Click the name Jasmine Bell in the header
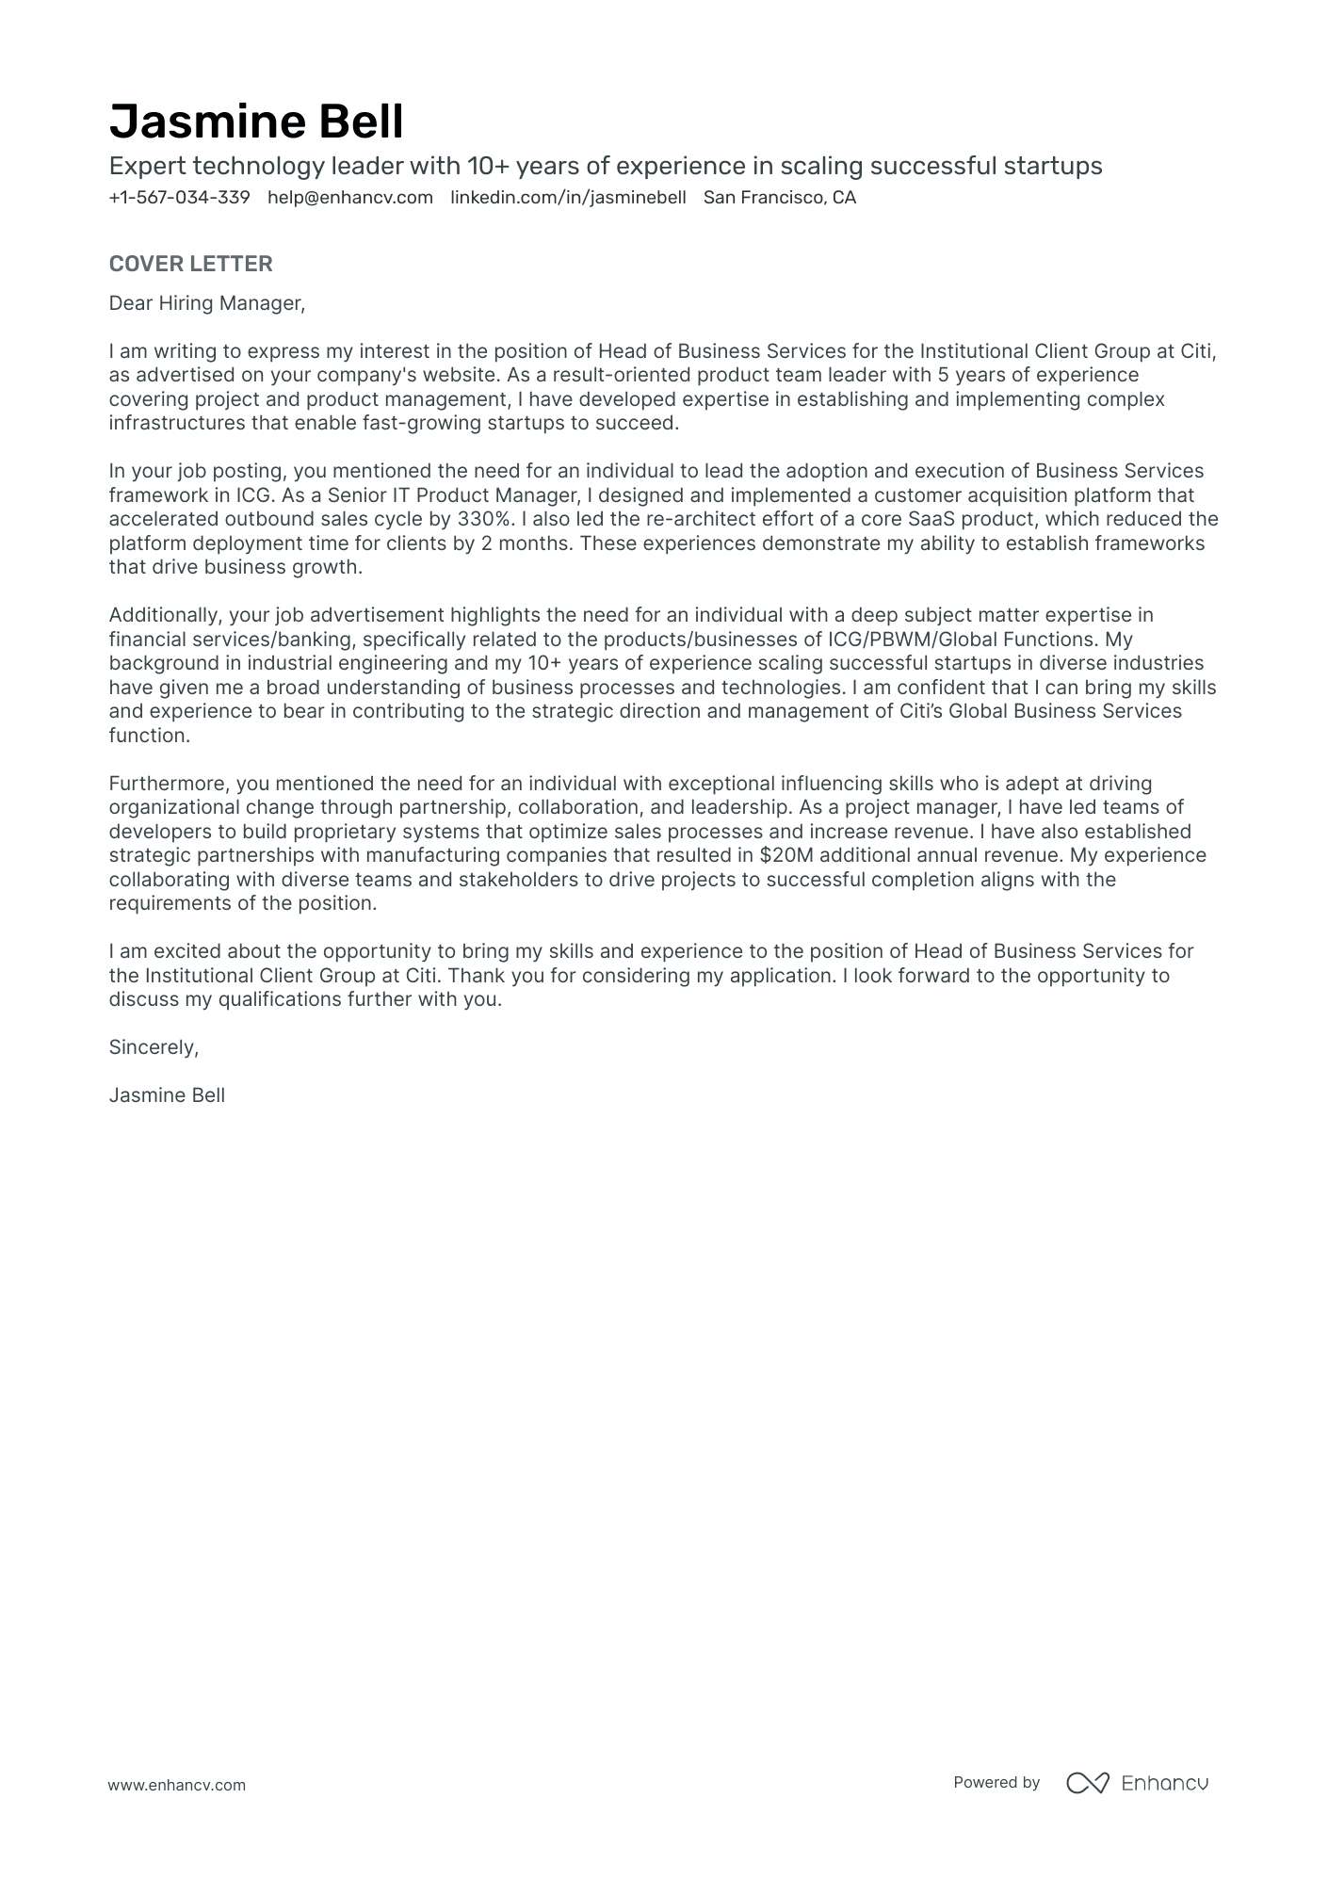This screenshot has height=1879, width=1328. (x=256, y=122)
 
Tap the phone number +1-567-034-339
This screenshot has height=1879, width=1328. (x=179, y=198)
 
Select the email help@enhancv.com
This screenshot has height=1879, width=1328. (x=350, y=198)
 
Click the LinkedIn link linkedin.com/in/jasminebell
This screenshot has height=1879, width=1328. (x=568, y=198)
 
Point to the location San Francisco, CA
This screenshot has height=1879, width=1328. (x=780, y=198)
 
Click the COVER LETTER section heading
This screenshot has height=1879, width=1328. (x=190, y=264)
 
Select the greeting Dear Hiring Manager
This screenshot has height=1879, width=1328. (x=207, y=303)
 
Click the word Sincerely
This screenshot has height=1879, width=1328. (x=154, y=1047)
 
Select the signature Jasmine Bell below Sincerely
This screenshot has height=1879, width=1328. (x=167, y=1095)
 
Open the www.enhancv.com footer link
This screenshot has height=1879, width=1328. (x=176, y=1785)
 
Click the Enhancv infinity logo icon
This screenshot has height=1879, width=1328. (x=1087, y=1783)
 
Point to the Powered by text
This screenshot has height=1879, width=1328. (x=996, y=1783)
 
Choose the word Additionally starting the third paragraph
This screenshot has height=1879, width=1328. (x=165, y=615)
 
